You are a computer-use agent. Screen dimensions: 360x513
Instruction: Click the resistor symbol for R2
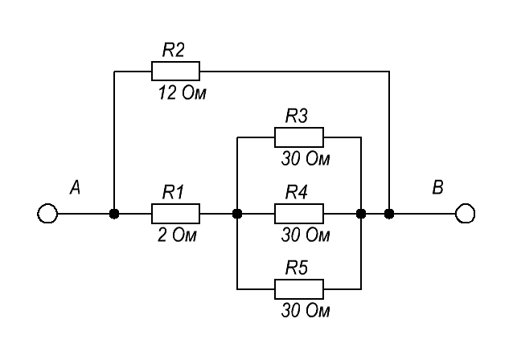[x=175, y=71]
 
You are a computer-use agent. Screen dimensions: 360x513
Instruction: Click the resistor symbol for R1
[x=175, y=214]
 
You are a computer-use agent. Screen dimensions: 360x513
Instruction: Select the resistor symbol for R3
[x=299, y=137]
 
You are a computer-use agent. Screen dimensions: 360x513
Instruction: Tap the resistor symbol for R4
[x=299, y=214]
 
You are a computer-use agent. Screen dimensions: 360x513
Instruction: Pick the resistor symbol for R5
[x=299, y=288]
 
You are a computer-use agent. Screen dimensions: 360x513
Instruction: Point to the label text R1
[x=174, y=192]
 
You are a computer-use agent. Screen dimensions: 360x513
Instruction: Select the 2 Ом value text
[x=176, y=235]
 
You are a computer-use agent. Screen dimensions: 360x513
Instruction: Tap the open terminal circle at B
[x=465, y=214]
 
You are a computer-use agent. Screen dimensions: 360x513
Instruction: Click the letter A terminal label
[x=75, y=189]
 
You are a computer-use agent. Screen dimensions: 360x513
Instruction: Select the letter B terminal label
[x=437, y=189]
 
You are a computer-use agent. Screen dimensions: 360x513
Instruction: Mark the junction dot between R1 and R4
[x=237, y=214]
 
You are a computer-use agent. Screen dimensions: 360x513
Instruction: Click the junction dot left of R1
[x=115, y=214]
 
